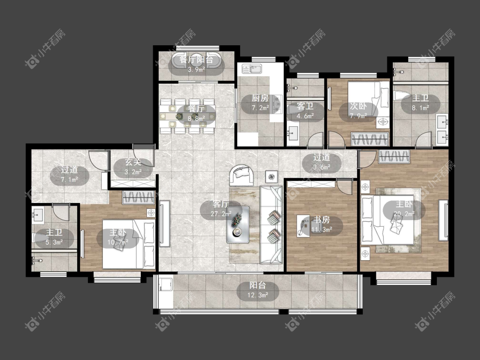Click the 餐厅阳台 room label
point(196,59)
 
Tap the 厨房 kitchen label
point(260,98)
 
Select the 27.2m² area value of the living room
point(221,214)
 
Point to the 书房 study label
point(321,220)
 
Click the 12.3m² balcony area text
point(258,296)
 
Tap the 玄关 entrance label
point(133,162)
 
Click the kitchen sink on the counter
point(252,69)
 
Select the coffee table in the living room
point(238,225)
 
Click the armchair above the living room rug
point(242,175)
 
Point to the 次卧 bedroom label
point(358,106)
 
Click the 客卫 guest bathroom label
point(305,106)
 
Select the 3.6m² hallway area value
point(322,167)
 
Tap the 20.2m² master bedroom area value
point(404,214)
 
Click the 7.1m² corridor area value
point(70,180)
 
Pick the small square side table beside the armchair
point(271,176)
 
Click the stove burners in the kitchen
point(278,104)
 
